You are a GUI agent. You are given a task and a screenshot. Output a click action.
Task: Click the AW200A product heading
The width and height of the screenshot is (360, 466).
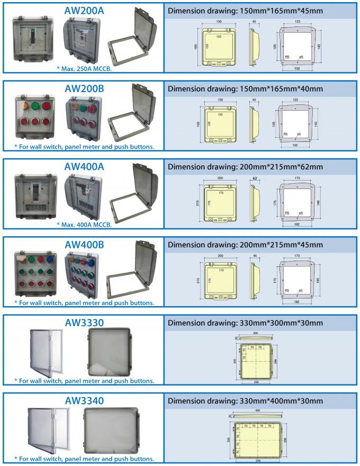(84, 11)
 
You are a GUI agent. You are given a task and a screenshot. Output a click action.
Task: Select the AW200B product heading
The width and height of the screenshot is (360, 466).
(84, 88)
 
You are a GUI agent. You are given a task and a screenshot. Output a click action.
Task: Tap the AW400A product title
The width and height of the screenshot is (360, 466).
(84, 166)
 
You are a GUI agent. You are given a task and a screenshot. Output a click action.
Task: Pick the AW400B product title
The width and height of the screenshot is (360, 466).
(84, 245)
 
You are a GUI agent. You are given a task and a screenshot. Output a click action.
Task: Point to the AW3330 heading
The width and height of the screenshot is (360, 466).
(84, 322)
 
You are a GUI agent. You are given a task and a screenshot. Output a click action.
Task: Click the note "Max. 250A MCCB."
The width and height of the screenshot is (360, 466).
(84, 69)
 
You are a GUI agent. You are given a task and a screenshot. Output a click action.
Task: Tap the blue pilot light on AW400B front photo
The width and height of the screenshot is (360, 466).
(51, 260)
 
